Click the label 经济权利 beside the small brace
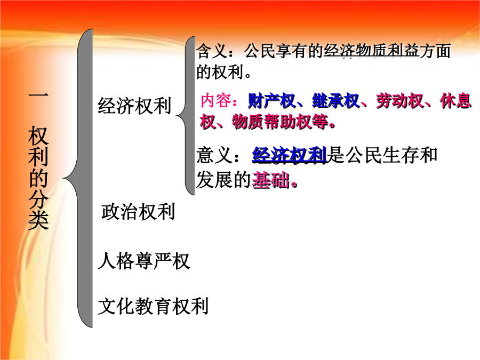[134, 106]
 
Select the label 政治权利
[138, 212]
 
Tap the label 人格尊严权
[144, 261]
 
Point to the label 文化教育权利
[153, 306]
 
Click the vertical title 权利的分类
[38, 178]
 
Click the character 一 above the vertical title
[38, 95]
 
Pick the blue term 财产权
[271, 101]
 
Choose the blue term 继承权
[336, 101]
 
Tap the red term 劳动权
[400, 101]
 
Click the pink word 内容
[216, 100]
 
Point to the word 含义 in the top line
[212, 51]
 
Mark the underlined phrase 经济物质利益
[371, 51]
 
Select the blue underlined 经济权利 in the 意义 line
[289, 155]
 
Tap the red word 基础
[271, 180]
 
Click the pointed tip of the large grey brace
[63, 178]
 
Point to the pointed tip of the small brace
[177, 115]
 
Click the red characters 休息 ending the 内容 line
[456, 101]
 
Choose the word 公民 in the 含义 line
[260, 51]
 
